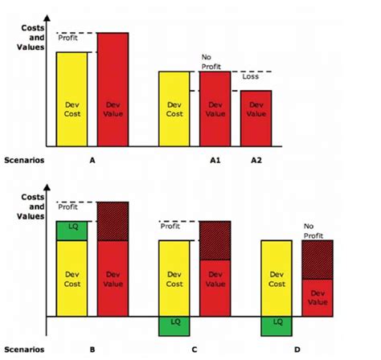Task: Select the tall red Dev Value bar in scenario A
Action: (x=113, y=89)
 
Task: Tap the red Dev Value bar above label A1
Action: (x=215, y=108)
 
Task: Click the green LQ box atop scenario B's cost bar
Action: (x=72, y=230)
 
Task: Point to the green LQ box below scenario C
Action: (x=174, y=325)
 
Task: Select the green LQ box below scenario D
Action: (x=277, y=325)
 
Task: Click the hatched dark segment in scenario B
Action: (x=113, y=221)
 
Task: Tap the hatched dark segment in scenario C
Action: (x=215, y=240)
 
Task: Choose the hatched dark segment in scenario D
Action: (x=317, y=259)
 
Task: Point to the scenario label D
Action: (x=297, y=350)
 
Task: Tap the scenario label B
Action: (x=92, y=350)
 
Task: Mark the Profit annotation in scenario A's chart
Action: (x=69, y=38)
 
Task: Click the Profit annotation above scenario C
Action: (x=170, y=227)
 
